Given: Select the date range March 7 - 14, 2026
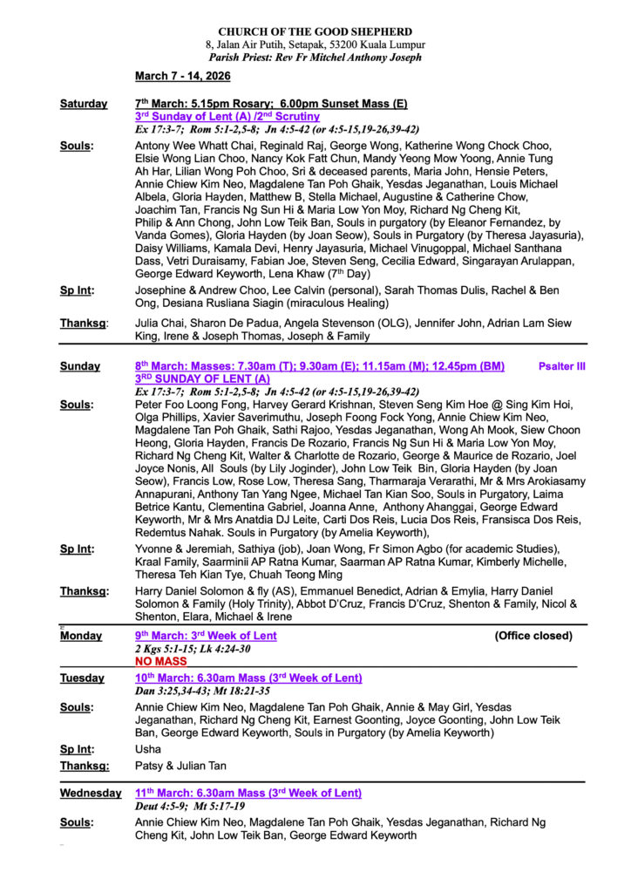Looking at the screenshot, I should [x=182, y=76].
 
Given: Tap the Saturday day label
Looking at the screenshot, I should [x=84, y=104].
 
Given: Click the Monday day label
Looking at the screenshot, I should [x=81, y=636].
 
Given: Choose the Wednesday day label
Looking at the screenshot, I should [x=91, y=793].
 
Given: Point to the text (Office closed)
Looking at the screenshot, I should [x=533, y=636].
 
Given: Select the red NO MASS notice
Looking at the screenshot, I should [x=161, y=662].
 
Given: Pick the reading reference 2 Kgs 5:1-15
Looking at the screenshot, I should [x=163, y=649].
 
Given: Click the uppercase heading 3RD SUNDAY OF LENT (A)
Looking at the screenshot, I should [x=202, y=379].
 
